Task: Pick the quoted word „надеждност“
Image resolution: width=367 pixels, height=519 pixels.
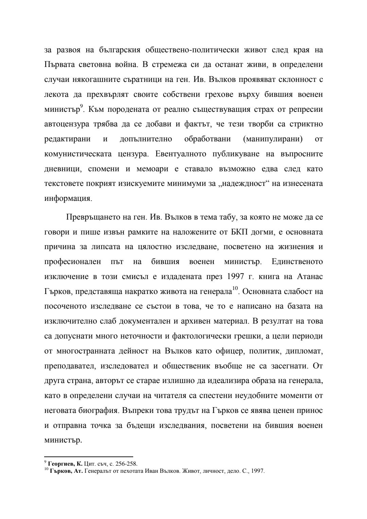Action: [247, 184]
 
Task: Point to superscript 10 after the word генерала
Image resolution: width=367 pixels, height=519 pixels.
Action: [234, 289]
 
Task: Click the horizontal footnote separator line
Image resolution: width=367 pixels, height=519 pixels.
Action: [89, 457]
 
